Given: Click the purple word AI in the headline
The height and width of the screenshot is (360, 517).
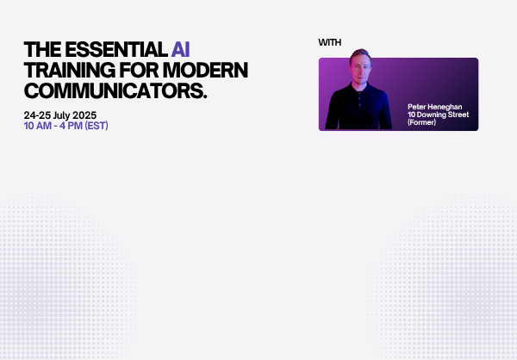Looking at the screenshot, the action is [x=180, y=50].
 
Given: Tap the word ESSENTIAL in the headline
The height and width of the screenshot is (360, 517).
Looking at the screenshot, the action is [x=116, y=50].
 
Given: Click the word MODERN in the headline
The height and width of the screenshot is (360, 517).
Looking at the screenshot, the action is [x=205, y=71].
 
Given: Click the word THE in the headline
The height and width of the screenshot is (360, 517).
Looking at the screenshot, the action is [x=42, y=50].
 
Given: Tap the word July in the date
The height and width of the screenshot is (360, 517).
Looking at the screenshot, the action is [x=61, y=115].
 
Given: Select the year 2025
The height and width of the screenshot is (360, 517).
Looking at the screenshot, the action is [x=84, y=115].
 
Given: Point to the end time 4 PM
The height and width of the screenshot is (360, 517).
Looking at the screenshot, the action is [x=71, y=126].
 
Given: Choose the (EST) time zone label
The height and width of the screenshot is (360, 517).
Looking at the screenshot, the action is [x=97, y=126].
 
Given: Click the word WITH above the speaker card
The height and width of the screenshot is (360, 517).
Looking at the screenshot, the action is [x=330, y=42].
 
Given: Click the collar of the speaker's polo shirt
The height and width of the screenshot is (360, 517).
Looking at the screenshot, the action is [x=359, y=89].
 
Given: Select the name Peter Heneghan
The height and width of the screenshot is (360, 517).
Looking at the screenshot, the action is [x=434, y=107].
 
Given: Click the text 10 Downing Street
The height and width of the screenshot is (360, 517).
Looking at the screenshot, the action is [x=439, y=115].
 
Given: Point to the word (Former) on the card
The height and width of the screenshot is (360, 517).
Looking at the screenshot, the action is [x=421, y=122].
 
